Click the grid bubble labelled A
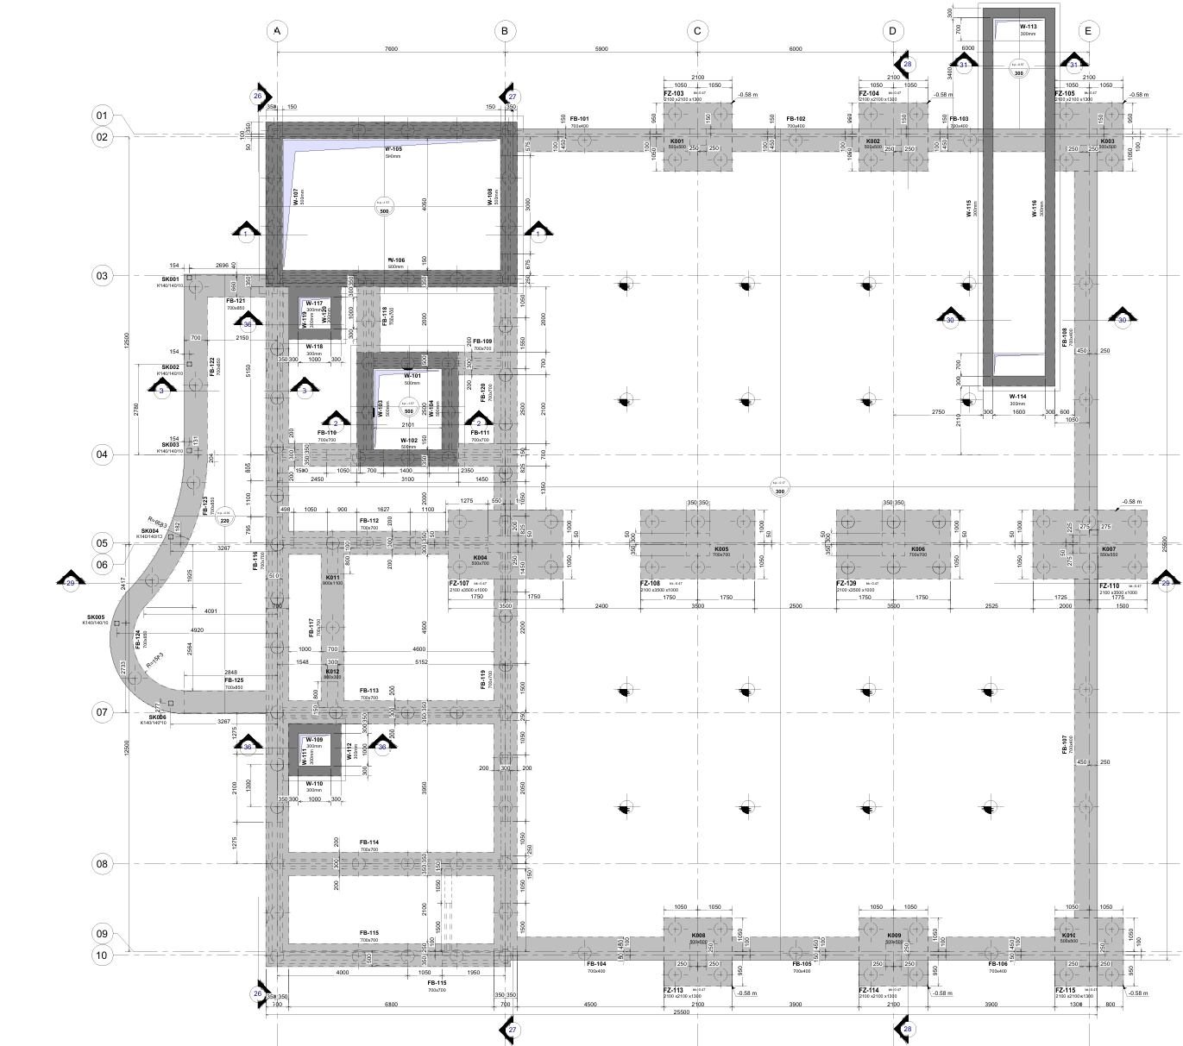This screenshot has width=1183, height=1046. click(x=277, y=31)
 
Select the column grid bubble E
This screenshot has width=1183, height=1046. click(x=1088, y=31)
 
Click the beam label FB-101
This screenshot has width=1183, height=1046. click(x=579, y=119)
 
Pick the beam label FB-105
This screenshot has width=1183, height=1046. click(x=802, y=964)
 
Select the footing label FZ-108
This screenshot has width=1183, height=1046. click(x=651, y=584)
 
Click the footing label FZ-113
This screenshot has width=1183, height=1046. click(x=673, y=990)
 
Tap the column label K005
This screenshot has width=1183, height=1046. click(x=721, y=549)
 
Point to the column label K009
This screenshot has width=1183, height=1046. click(x=894, y=936)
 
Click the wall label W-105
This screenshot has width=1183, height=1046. click(x=393, y=149)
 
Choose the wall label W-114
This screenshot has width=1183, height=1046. click(x=1018, y=396)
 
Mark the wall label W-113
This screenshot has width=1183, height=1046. click(x=1028, y=27)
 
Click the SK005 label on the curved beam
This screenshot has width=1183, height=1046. click(x=95, y=617)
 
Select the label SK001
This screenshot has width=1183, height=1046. click(x=169, y=279)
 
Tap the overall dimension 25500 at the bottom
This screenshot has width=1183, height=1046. click(x=682, y=1012)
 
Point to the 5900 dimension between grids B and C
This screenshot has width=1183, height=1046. click(x=601, y=49)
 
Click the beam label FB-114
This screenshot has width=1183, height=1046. click(x=369, y=842)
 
